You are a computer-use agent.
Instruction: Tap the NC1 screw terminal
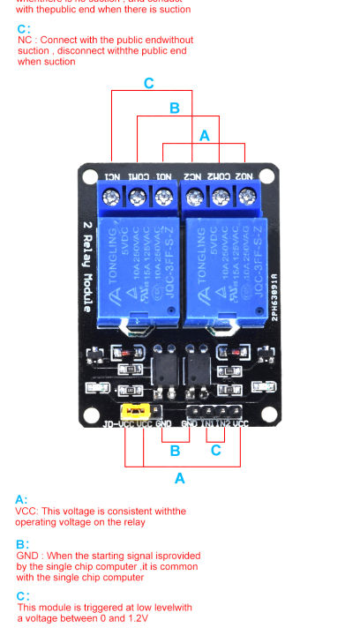click(113, 198)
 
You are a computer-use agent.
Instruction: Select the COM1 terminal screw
click(138, 198)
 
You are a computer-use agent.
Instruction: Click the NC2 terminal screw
click(194, 198)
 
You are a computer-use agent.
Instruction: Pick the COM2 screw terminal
click(219, 198)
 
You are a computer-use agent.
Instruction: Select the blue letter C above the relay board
click(148, 83)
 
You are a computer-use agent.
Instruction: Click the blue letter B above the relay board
click(175, 108)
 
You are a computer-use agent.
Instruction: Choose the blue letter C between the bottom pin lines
click(214, 450)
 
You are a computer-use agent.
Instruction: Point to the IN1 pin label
click(208, 424)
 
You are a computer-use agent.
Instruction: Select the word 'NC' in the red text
click(23, 41)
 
